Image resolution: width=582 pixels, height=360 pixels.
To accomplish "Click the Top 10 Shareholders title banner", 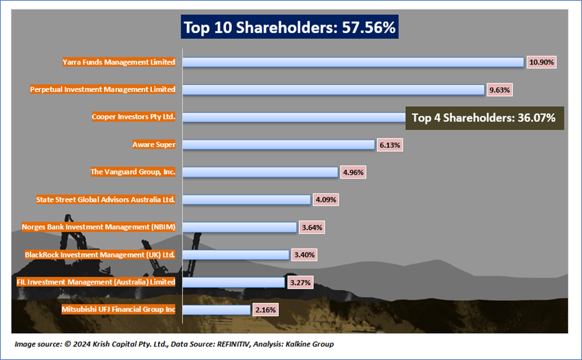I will point(289,28).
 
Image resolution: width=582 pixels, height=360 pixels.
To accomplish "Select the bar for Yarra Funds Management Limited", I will point(353,62).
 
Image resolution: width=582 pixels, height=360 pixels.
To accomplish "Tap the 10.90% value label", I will point(542,62).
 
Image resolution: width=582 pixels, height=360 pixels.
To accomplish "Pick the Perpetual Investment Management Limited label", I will point(103,89).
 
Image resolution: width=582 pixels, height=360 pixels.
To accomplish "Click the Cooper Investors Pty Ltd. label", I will point(134,117).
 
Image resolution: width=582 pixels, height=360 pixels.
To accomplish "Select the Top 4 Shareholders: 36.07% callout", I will point(483,118).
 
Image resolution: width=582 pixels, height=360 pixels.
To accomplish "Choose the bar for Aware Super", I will point(278,144).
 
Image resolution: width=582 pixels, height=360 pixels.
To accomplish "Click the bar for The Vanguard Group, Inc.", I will point(260,172).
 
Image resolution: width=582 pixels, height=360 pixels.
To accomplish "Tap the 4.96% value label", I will point(354,172).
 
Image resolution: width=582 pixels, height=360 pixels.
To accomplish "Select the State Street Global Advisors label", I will point(106,199).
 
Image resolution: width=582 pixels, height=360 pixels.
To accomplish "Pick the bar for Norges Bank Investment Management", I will point(239,227).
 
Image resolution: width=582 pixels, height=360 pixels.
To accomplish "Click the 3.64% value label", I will point(313,227).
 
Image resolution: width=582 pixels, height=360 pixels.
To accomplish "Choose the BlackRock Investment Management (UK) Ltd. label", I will point(100,255).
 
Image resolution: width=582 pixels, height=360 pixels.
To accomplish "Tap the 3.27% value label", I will point(300,282).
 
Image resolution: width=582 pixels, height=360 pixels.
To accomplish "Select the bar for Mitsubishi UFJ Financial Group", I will point(216,310).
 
